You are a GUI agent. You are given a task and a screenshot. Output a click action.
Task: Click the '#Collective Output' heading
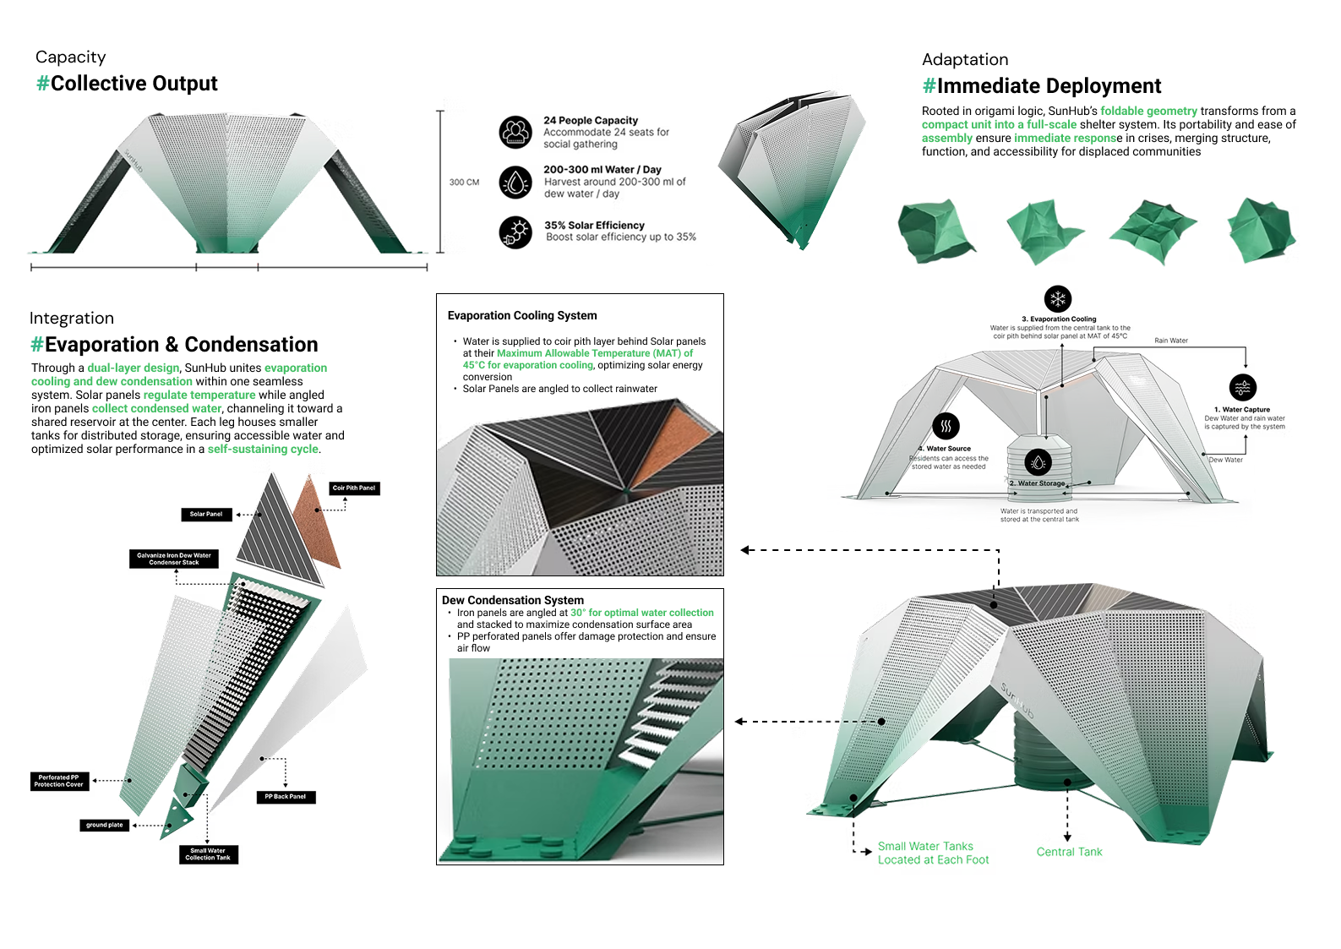tap(127, 84)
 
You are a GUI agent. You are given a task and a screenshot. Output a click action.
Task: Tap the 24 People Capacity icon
tap(515, 133)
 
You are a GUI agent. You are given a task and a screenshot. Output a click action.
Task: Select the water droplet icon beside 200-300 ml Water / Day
tap(515, 182)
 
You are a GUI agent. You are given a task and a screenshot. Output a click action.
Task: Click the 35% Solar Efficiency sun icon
tap(515, 232)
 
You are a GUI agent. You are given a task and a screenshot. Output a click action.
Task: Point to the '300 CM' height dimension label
tap(464, 183)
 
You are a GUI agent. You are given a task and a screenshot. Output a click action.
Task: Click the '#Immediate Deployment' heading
tap(1042, 86)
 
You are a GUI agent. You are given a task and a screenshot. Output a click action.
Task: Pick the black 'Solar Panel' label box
tap(206, 515)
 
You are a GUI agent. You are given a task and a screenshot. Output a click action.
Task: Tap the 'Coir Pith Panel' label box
tap(354, 488)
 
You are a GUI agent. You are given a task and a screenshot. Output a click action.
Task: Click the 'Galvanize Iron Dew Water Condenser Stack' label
tap(174, 559)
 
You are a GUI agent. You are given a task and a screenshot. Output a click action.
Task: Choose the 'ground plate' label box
tap(105, 825)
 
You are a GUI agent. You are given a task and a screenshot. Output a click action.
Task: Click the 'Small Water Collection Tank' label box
tap(208, 854)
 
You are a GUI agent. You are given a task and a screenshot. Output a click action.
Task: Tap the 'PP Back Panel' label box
tap(286, 797)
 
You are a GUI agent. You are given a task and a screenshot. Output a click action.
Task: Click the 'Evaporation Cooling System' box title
tap(522, 316)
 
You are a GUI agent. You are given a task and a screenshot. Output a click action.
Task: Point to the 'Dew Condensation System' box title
tap(513, 600)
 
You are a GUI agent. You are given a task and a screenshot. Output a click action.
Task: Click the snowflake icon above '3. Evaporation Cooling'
tap(1058, 299)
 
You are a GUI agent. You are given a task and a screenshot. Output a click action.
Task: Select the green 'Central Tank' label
tap(1069, 852)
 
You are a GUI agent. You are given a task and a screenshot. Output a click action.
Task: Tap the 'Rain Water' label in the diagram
tap(1171, 341)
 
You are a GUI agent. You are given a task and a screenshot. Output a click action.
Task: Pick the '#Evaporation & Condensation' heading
tap(174, 345)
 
